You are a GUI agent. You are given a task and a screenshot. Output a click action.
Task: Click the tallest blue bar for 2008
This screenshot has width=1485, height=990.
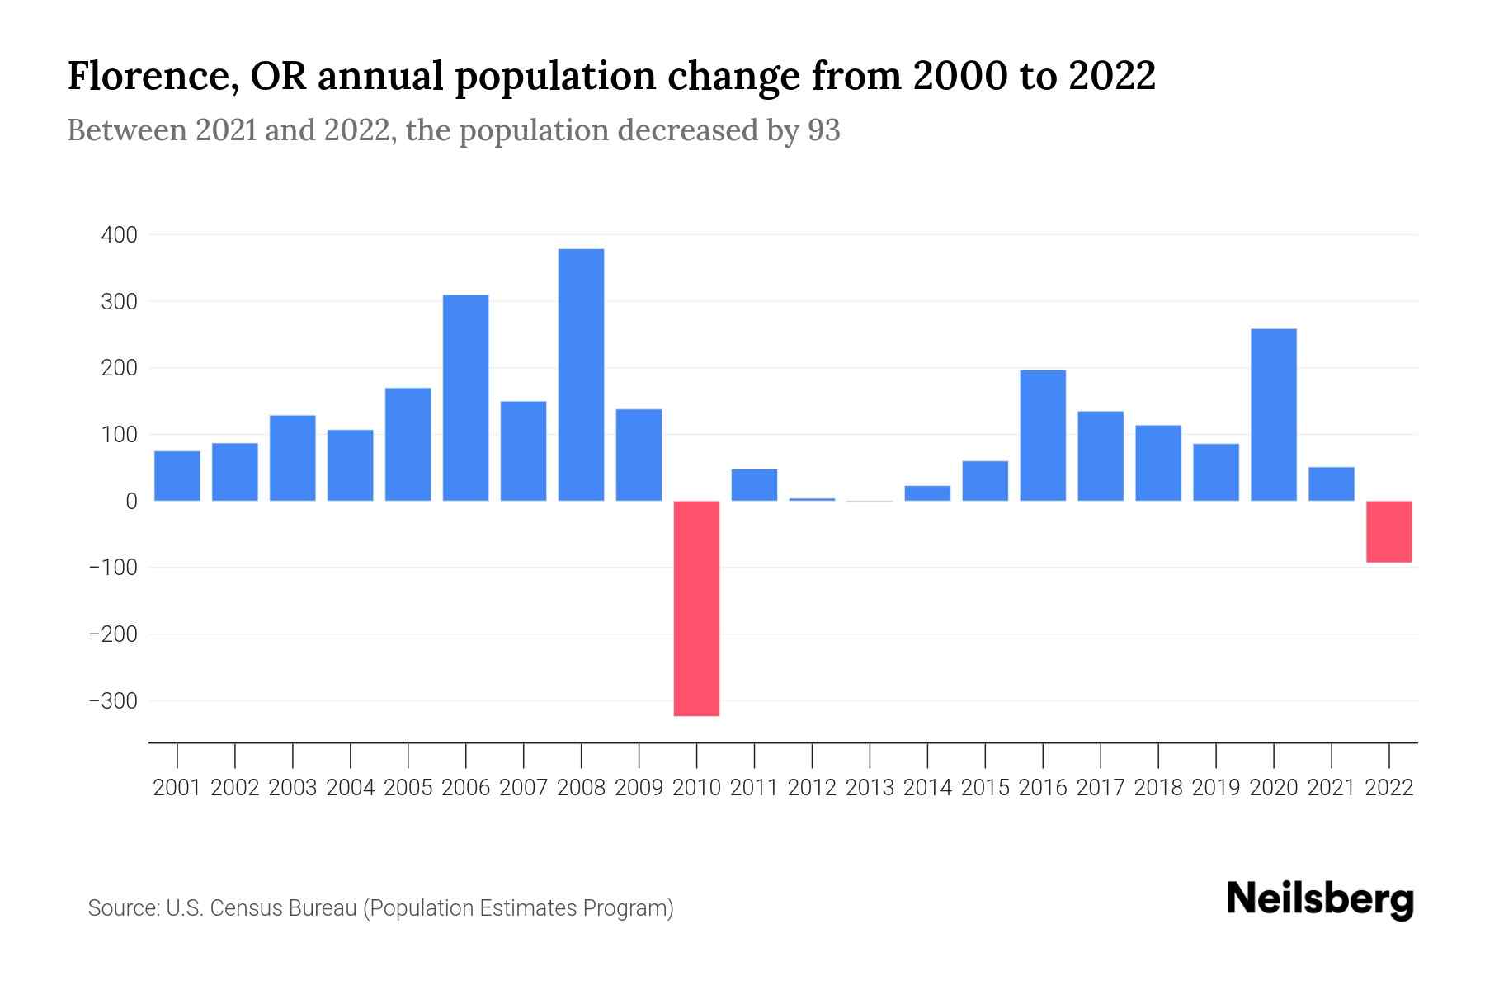click(581, 375)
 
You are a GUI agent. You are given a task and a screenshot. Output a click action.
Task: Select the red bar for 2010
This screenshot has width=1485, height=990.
click(696, 608)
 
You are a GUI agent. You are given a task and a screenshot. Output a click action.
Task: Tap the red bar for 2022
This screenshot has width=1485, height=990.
click(1388, 531)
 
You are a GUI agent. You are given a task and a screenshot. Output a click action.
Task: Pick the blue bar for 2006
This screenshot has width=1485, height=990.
click(465, 398)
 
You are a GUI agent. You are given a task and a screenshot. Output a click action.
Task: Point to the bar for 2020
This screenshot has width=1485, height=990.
click(1273, 415)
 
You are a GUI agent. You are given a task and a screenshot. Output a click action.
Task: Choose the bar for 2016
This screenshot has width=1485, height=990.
click(1043, 436)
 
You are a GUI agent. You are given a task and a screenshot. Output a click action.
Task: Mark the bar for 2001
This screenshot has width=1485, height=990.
click(177, 476)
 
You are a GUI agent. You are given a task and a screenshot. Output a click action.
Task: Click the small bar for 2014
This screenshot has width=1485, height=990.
click(927, 493)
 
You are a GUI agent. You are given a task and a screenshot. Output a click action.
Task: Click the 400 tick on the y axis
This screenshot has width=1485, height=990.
click(119, 236)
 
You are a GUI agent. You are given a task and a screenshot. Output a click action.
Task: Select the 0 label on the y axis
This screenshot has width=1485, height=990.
click(131, 502)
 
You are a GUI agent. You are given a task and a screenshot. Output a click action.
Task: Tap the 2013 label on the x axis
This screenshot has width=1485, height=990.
click(870, 788)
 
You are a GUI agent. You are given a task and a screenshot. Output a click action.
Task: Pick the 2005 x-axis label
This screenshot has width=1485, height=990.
click(408, 788)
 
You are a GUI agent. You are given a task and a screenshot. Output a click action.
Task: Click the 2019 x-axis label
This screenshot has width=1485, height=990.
click(1215, 788)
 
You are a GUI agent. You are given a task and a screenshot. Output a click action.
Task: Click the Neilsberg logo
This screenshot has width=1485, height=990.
click(1320, 899)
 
